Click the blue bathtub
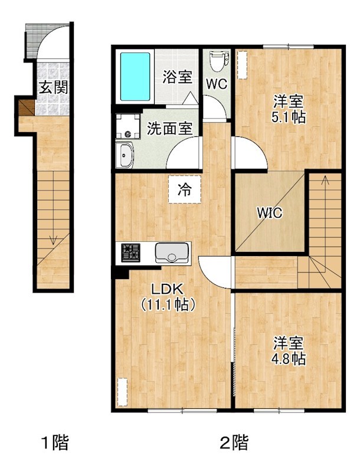[x=135, y=77]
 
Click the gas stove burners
[x=131, y=253]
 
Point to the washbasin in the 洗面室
[x=125, y=155]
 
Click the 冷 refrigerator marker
[x=185, y=190]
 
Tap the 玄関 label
[x=53, y=88]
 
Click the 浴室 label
[x=177, y=77]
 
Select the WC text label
[x=216, y=84]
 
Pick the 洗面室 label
[x=169, y=128]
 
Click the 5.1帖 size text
[x=289, y=117]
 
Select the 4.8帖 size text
[x=289, y=359]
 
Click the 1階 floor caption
[x=54, y=442]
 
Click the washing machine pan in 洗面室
[x=126, y=126]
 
